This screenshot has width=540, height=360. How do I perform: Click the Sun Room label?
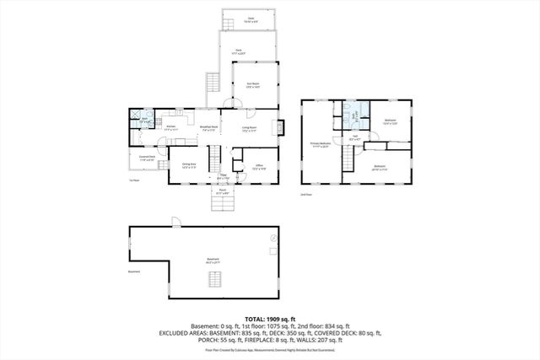[x=252, y=84]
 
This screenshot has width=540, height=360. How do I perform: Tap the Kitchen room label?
[x=170, y=127]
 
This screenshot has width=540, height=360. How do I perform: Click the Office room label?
[x=261, y=167]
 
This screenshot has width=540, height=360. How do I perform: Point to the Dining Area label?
[x=189, y=165]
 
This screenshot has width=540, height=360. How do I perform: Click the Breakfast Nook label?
[x=209, y=128]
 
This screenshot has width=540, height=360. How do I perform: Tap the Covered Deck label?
[x=146, y=159]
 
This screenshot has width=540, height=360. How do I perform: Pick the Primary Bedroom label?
[x=319, y=146]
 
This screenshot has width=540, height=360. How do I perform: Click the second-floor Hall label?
[x=355, y=138]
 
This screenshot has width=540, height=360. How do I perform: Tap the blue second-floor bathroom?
[x=354, y=116]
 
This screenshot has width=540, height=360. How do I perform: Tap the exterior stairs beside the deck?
[x=212, y=85]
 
